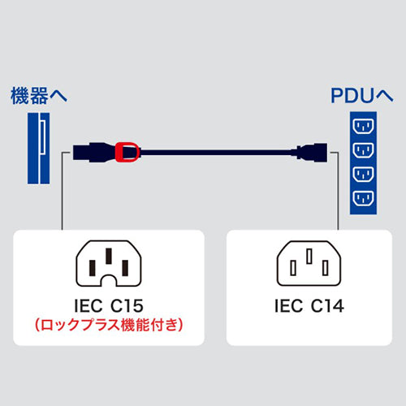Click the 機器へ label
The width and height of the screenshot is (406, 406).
[x=40, y=95]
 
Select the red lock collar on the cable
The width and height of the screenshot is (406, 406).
[x=127, y=150]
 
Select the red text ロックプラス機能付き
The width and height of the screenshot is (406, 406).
[x=108, y=326]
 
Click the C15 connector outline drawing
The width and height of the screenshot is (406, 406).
[x=108, y=265]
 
